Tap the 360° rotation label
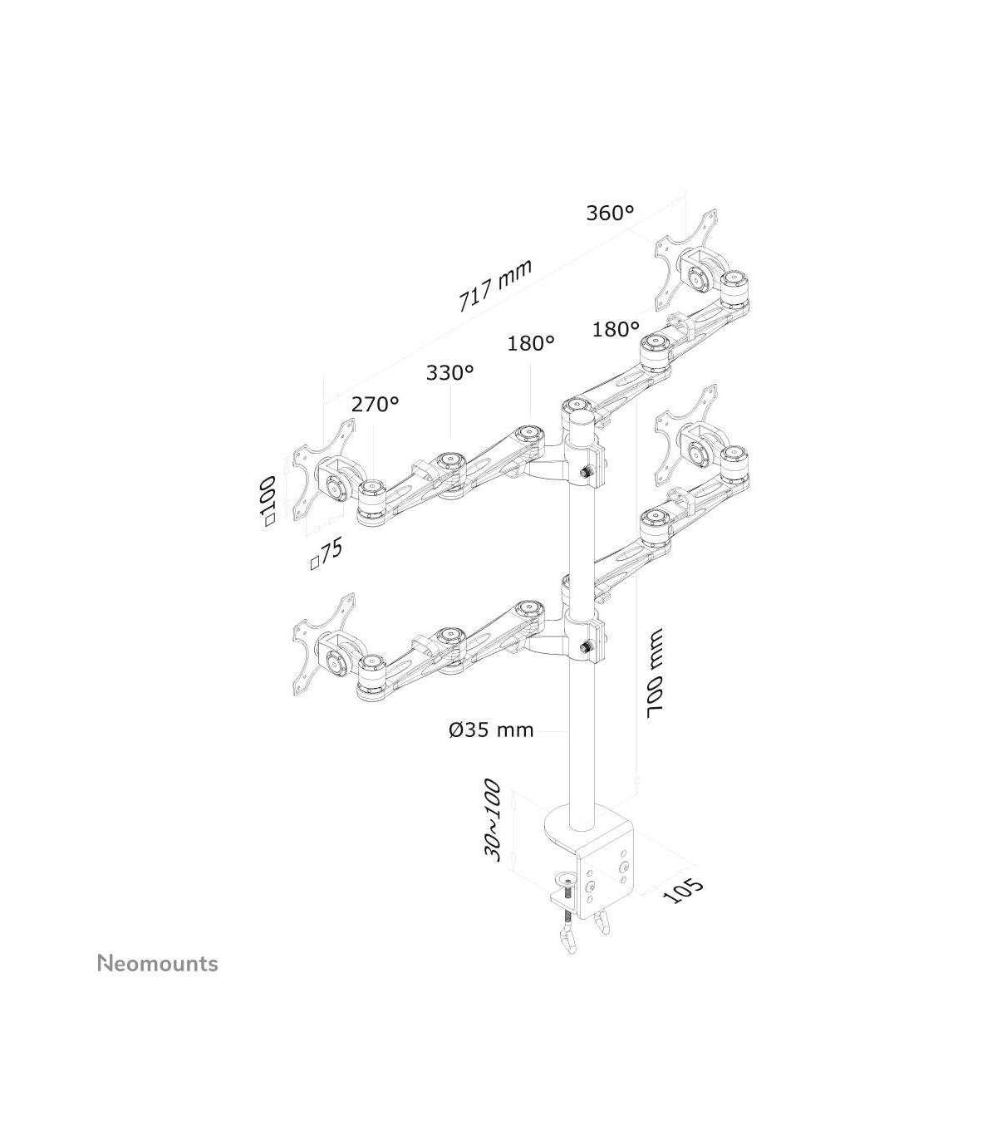(610, 213)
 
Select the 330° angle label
(450, 372)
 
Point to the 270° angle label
(376, 404)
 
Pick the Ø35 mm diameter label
(491, 730)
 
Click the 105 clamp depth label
(683, 899)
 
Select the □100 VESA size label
(270, 502)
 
